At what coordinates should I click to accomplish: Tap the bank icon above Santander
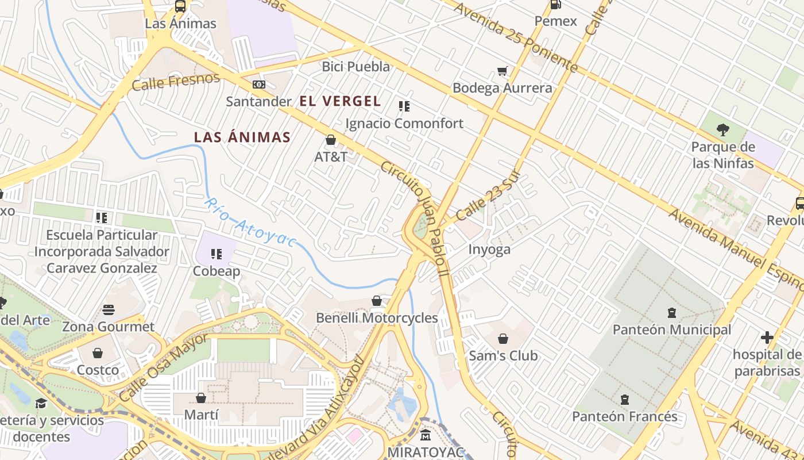pyautogui.click(x=259, y=85)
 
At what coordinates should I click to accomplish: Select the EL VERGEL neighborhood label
pyautogui.click(x=340, y=101)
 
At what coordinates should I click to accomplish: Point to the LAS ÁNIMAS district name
pyautogui.click(x=242, y=137)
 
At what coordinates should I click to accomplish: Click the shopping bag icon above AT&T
pyautogui.click(x=331, y=140)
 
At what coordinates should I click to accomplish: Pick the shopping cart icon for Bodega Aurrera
pyautogui.click(x=502, y=71)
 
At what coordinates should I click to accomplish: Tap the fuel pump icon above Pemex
pyautogui.click(x=555, y=5)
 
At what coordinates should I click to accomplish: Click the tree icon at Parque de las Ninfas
pyautogui.click(x=723, y=130)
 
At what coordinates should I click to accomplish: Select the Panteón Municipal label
pyautogui.click(x=672, y=329)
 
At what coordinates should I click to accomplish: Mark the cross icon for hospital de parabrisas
pyautogui.click(x=767, y=338)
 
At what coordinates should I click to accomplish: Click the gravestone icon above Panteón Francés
pyautogui.click(x=625, y=399)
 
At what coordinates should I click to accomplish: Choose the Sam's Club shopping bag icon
pyautogui.click(x=503, y=339)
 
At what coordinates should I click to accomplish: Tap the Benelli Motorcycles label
pyautogui.click(x=377, y=318)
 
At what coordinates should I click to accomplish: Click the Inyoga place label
pyautogui.click(x=489, y=250)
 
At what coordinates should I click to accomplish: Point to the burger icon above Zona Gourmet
pyautogui.click(x=109, y=310)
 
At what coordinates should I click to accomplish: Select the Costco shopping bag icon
pyautogui.click(x=98, y=353)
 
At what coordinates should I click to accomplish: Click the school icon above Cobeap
pyautogui.click(x=217, y=254)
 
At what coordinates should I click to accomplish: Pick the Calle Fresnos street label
pyautogui.click(x=176, y=82)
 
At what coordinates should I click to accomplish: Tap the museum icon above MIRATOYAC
pyautogui.click(x=426, y=435)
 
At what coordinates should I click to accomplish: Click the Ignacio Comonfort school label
pyautogui.click(x=404, y=123)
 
